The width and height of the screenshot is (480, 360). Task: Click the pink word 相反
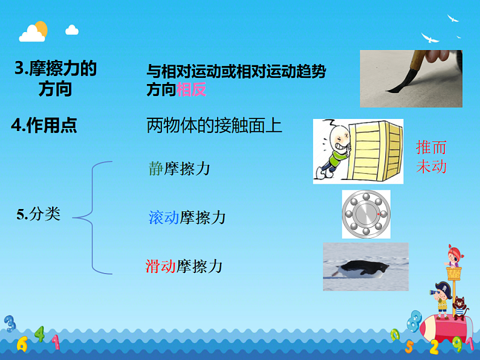192,90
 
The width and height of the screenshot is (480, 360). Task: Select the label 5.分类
39,214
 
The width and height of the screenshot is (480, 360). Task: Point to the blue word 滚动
164,217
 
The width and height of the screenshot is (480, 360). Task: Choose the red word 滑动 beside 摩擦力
161,266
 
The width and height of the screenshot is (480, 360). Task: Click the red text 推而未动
431,157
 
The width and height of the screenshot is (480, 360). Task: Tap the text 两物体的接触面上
214,126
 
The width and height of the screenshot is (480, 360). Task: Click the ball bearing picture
366,214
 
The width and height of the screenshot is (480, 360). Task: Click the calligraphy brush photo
411,78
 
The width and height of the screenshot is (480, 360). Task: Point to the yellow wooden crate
378,150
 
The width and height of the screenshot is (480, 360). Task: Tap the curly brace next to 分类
94,215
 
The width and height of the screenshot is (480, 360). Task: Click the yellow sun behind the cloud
41,28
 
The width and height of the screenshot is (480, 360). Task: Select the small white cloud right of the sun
72,30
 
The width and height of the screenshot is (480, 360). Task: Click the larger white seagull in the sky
430,38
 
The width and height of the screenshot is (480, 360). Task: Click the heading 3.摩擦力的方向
55,79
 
